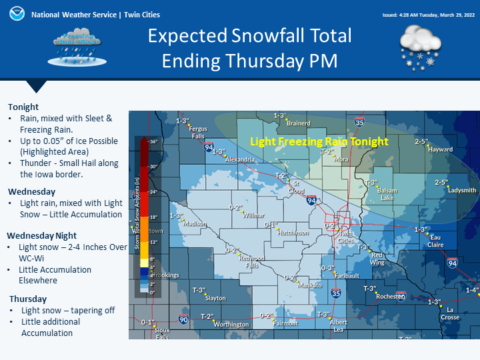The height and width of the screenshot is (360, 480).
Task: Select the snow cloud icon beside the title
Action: [420, 48]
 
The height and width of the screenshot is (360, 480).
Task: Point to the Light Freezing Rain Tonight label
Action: [319, 141]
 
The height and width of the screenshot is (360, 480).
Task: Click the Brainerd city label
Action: [298, 123]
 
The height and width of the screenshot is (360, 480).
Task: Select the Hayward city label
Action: [441, 149]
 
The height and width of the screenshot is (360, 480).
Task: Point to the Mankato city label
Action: [309, 285]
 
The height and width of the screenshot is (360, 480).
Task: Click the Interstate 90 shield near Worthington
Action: [184, 320]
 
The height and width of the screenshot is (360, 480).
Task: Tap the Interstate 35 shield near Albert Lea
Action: [336, 293]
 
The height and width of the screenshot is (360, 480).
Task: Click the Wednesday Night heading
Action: [42, 235]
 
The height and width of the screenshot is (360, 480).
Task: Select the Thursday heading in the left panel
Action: [28, 299]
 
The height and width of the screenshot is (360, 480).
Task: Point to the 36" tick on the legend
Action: [152, 141]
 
